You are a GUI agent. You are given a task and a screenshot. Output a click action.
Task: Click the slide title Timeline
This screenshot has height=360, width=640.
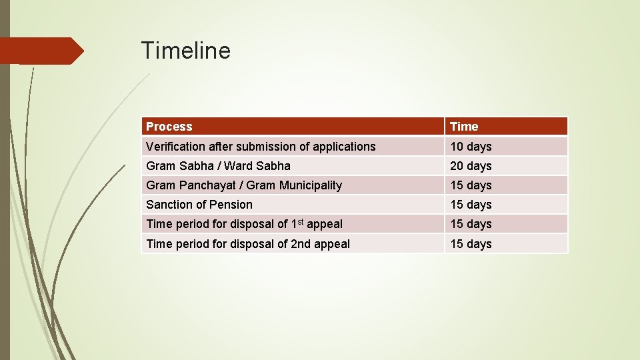[185, 51]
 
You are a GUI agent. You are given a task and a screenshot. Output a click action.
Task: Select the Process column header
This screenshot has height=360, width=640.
[169, 127]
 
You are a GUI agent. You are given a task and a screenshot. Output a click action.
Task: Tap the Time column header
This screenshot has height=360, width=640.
[464, 127]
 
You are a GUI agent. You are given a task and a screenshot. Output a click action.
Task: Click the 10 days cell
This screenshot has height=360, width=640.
[471, 147]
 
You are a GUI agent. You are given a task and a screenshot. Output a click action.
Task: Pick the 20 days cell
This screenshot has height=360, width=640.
[471, 166]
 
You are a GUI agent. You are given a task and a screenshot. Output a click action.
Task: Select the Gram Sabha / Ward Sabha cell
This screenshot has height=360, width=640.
[218, 166]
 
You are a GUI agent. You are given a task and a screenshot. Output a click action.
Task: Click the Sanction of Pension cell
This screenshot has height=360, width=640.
[199, 205]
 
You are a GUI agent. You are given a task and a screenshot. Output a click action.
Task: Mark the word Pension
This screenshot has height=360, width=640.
[231, 205]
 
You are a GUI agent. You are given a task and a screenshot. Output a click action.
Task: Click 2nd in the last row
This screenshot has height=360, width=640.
[302, 244]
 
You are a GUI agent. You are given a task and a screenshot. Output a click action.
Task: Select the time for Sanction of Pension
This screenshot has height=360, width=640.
[471, 205]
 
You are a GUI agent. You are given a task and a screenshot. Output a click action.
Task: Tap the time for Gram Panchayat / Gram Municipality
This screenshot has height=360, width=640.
[471, 185]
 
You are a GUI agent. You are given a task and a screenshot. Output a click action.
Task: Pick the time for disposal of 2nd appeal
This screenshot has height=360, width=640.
[471, 244]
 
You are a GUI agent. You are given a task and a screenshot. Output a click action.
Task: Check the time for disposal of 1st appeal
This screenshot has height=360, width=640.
[471, 224]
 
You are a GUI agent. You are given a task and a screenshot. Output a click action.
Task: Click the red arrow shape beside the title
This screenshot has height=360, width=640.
[41, 51]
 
